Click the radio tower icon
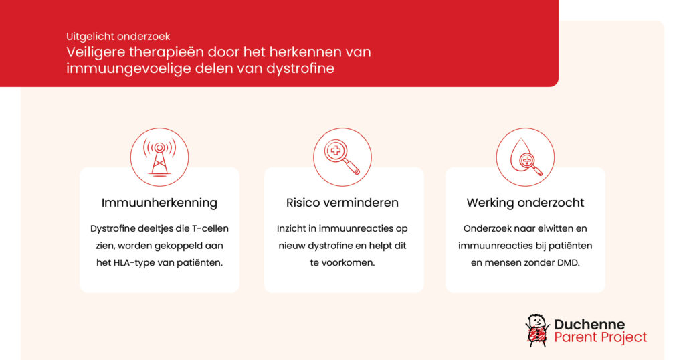159,157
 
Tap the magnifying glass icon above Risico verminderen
342,157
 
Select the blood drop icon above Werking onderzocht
526,157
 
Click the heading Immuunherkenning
159,203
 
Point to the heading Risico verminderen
342,203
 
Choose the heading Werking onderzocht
525,203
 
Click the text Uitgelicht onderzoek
118,37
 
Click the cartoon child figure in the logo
537,331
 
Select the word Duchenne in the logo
589,324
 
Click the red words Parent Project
601,337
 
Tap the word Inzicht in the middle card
292,228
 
